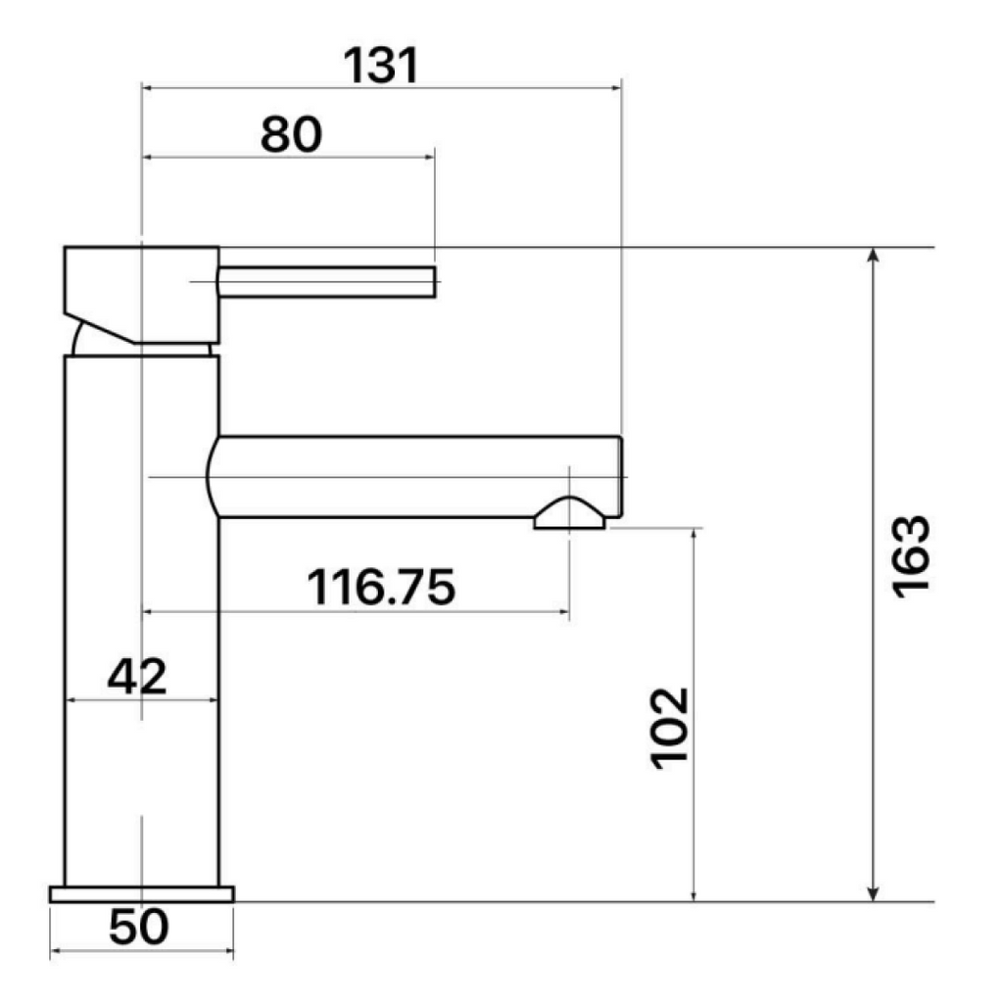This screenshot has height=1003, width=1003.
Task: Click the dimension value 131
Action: (x=381, y=67)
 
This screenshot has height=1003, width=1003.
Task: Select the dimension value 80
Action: (x=291, y=134)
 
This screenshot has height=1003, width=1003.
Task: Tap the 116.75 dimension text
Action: (x=381, y=588)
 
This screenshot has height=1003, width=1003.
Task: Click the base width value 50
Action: (x=138, y=928)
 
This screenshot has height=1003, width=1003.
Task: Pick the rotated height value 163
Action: (x=910, y=554)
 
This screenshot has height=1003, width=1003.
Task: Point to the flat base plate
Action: (x=142, y=893)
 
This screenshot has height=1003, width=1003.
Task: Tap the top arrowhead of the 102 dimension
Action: (x=693, y=535)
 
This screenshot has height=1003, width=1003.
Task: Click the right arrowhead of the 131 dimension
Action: (x=615, y=87)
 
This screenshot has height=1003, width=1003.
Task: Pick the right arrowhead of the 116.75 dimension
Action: (x=563, y=613)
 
